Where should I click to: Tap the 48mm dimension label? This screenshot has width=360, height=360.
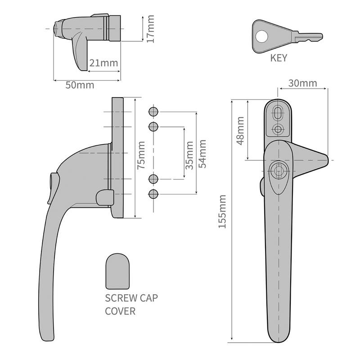point(241,130)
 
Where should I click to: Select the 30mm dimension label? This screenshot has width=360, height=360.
point(302,83)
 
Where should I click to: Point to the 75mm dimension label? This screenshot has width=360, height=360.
point(141,155)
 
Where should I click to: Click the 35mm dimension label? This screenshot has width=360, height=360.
point(189,155)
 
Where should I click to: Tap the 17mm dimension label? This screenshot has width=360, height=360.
point(150,29)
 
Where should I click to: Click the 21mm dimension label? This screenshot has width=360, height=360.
point(103,63)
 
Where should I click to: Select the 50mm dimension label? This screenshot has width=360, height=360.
point(76,85)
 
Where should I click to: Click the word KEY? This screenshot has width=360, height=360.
point(279,58)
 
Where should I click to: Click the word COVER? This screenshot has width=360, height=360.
point(120,311)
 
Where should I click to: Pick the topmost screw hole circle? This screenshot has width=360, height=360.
point(153,112)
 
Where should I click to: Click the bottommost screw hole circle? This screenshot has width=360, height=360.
point(153,194)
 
